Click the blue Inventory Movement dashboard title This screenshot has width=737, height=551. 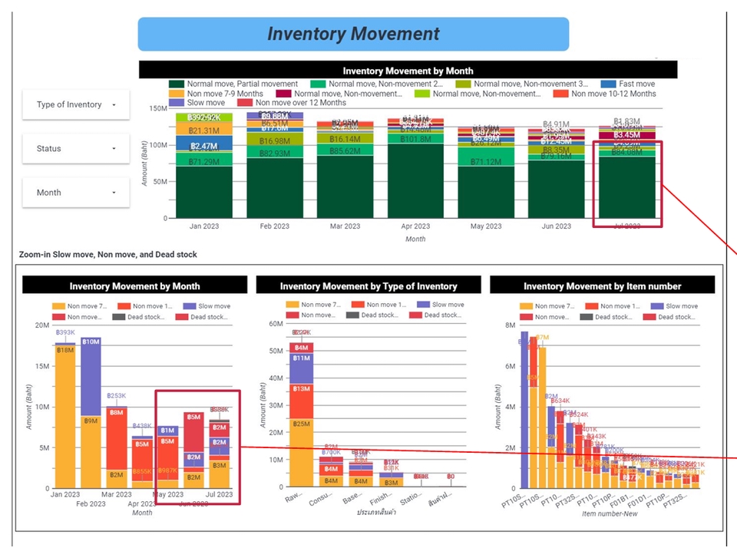[353, 35]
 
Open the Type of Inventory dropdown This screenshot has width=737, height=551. [75, 104]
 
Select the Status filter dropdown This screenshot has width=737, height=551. [75, 148]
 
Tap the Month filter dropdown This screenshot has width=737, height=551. [75, 193]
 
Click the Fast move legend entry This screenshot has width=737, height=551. [636, 84]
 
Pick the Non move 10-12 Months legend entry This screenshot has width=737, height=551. [613, 94]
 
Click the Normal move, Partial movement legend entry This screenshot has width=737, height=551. [242, 84]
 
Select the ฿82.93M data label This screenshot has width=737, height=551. [274, 153]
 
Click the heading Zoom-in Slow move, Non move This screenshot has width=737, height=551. [107, 254]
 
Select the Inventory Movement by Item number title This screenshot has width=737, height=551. [602, 286]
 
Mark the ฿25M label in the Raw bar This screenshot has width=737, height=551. [301, 423]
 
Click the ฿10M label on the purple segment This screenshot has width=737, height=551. [90, 341]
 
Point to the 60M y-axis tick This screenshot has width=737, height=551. [274, 324]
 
